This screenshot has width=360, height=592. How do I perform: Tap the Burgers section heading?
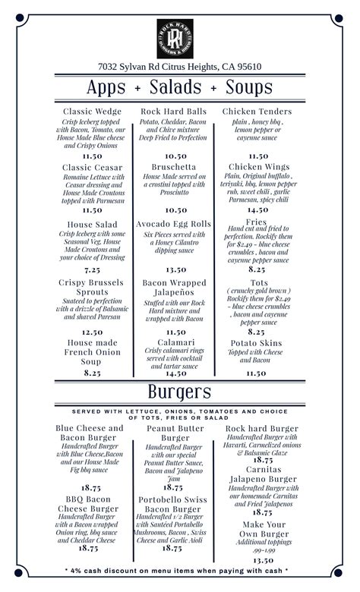[x=180, y=392]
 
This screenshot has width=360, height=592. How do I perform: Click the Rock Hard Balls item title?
[x=175, y=112]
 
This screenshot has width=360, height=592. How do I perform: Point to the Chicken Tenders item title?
[x=257, y=112]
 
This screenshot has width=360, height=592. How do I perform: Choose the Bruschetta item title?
[x=175, y=166]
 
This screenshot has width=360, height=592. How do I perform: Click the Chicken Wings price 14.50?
[x=257, y=210]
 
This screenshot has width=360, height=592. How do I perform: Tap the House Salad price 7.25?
[x=92, y=269]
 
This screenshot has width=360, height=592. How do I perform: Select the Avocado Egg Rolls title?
[x=175, y=224]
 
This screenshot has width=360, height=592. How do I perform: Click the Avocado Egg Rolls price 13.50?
[x=175, y=269]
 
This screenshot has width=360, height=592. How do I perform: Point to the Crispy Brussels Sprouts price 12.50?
[x=92, y=332]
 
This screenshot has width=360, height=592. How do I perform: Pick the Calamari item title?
[x=175, y=342]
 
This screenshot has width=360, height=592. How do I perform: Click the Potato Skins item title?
[x=257, y=342]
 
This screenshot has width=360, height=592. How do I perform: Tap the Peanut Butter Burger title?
[x=175, y=433]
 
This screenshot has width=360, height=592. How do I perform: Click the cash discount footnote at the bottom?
[x=180, y=570]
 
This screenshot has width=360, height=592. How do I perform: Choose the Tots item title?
[x=257, y=282]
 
